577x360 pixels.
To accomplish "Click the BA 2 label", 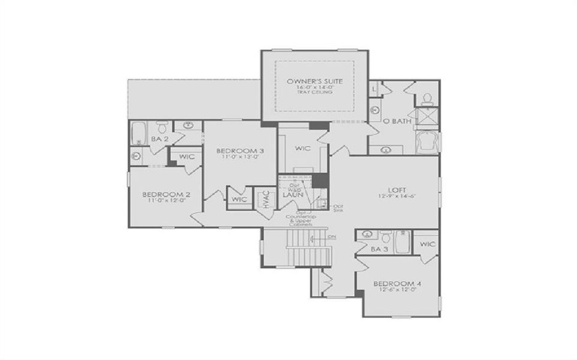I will [158, 139].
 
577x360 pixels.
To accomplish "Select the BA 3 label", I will [377, 248].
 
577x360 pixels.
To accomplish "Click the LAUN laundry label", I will [291, 194].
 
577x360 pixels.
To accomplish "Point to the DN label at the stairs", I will [332, 236].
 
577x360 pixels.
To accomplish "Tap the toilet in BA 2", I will [161, 127].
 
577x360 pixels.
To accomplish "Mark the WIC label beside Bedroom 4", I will [428, 244].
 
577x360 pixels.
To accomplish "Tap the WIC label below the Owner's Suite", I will [301, 147].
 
